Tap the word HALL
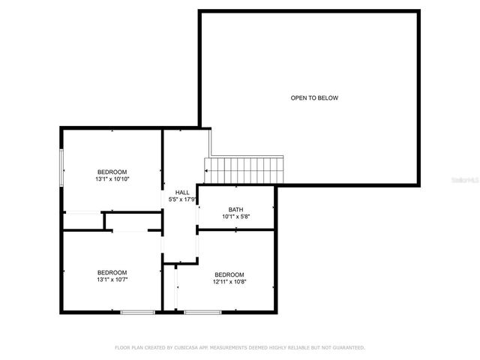182,192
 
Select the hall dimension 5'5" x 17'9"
182,199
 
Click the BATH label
236,209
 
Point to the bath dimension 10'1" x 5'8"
236,217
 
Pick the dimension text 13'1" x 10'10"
112,179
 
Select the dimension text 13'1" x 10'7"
112,280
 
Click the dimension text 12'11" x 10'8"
229,282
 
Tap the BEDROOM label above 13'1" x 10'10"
112,171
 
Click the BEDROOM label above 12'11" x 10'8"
229,274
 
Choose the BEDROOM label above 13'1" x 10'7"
112,271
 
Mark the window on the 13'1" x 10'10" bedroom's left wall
62,167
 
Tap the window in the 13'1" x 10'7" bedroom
137,311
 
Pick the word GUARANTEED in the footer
348,348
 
